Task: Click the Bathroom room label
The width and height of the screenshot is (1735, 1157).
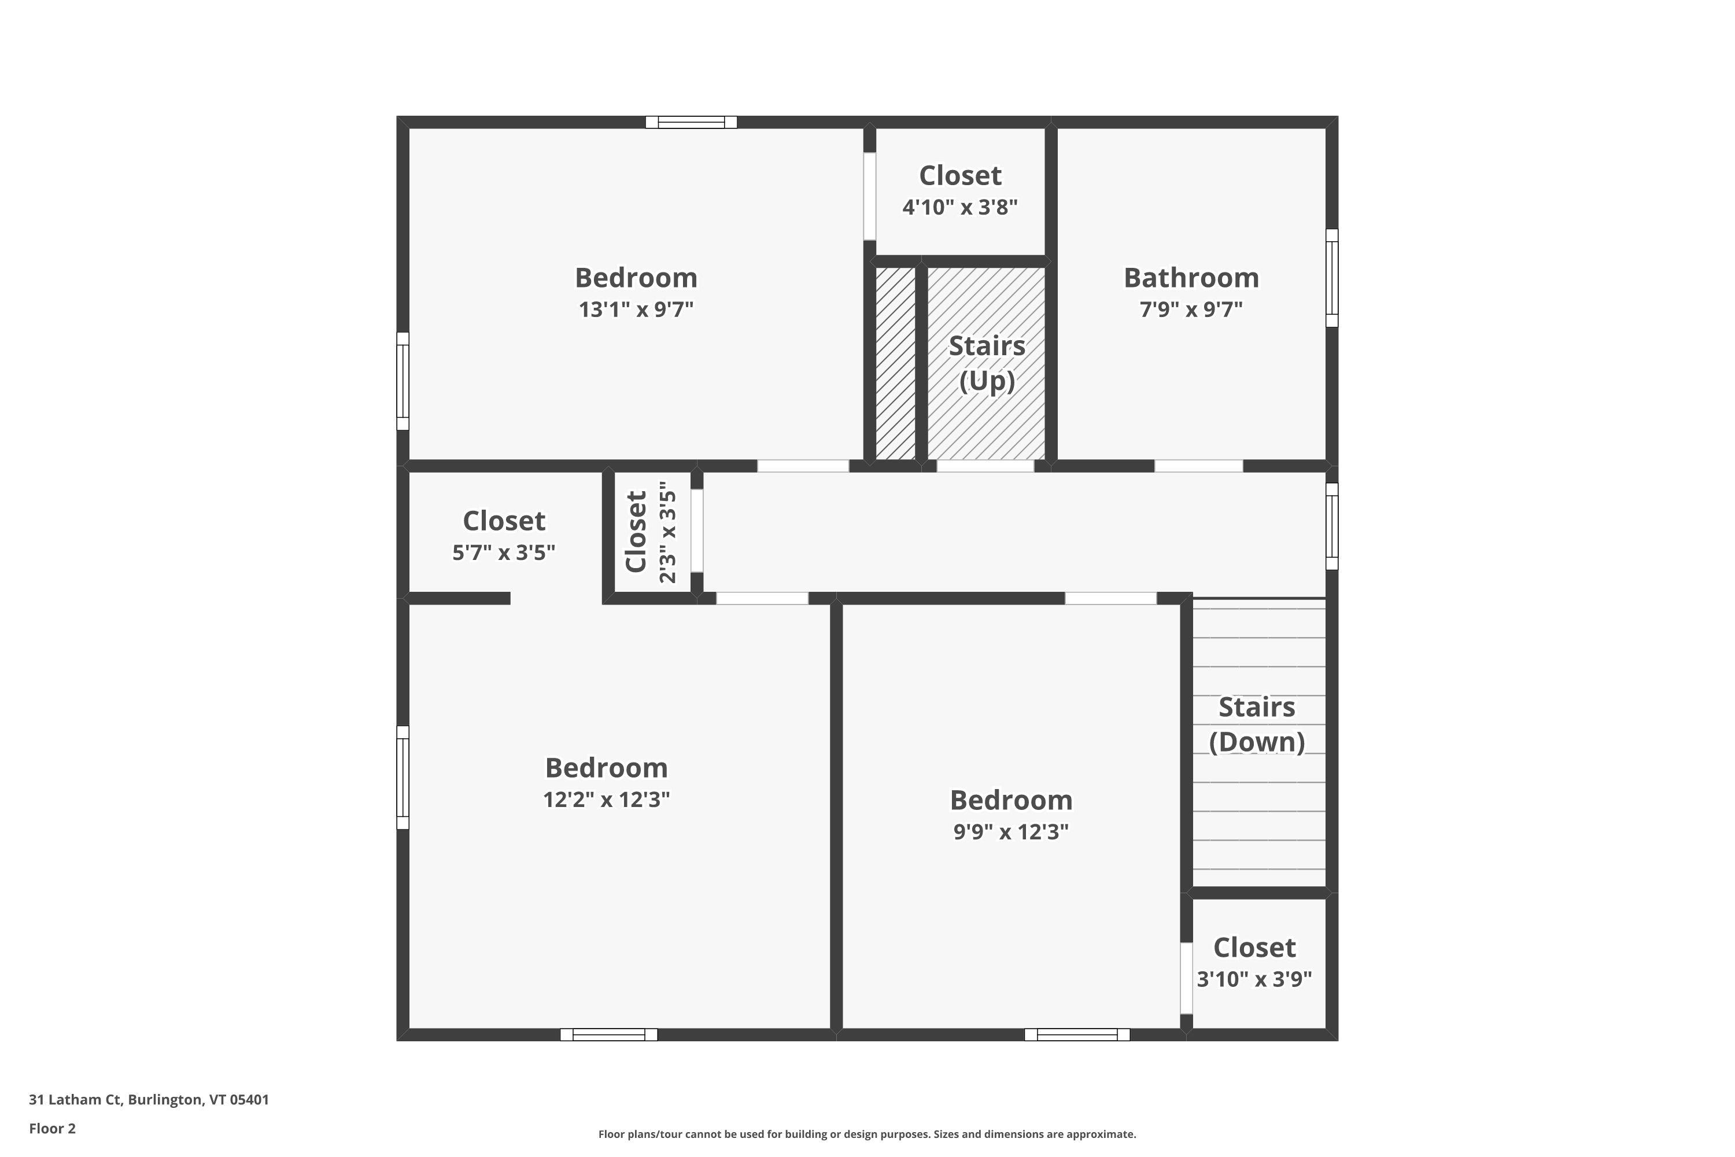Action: pyautogui.click(x=1191, y=278)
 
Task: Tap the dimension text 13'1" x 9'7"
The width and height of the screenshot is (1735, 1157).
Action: pyautogui.click(x=636, y=309)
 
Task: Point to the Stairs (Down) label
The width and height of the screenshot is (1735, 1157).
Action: pyautogui.click(x=1256, y=725)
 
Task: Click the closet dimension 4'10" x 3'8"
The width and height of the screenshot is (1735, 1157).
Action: pyautogui.click(x=959, y=207)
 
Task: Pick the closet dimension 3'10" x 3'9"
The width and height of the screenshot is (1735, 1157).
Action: pyautogui.click(x=1254, y=979)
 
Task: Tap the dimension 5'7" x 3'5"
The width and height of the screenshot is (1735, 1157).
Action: pyautogui.click(x=503, y=552)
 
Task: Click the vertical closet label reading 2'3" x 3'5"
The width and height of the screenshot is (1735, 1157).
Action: pyautogui.click(x=667, y=532)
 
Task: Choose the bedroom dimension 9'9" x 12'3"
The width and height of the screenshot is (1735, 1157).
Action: pyautogui.click(x=1010, y=832)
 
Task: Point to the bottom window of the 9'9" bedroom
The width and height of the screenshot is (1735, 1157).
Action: pyautogui.click(x=1077, y=1034)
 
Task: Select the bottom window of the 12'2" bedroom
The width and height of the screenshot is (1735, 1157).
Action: pyautogui.click(x=608, y=1034)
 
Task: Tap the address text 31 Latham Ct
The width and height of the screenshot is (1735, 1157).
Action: pyautogui.click(x=75, y=1100)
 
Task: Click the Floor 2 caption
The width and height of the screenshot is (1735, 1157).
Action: pyautogui.click(x=53, y=1128)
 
